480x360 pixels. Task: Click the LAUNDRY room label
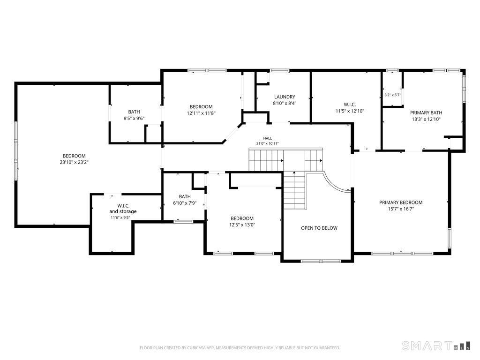285,97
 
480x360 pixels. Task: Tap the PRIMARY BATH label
426,112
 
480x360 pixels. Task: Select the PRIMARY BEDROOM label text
401,202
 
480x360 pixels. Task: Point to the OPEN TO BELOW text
319,228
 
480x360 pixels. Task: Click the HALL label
267,138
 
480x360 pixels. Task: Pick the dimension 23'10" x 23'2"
74,162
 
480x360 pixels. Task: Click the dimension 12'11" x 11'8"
201,113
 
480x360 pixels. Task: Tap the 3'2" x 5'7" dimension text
392,95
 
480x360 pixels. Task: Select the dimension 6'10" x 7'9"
185,203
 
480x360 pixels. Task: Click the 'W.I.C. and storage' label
123,209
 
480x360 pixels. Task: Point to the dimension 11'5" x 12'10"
350,111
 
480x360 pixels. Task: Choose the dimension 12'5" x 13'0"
242,225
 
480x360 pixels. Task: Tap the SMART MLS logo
436,345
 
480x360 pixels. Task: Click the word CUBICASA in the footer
195,348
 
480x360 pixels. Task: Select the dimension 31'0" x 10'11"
267,143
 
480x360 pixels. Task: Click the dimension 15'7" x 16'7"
401,209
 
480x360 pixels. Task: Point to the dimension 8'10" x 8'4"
285,104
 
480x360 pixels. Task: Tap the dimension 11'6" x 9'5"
120,217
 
